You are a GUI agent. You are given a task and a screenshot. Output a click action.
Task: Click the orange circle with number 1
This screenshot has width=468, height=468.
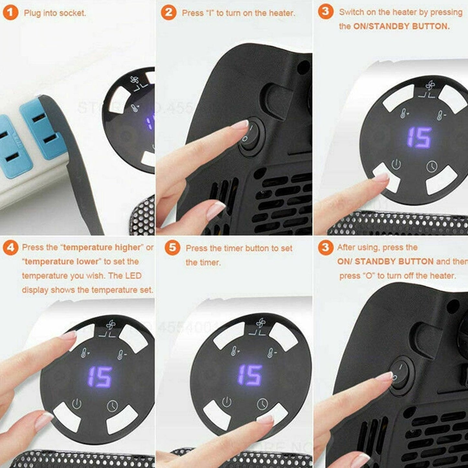[10, 13]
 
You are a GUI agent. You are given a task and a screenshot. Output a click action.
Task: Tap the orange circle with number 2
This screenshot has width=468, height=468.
[168, 13]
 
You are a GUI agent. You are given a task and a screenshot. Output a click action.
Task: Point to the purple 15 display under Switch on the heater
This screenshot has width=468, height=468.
[419, 138]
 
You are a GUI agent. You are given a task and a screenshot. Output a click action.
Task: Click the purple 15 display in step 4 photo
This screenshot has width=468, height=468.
[100, 377]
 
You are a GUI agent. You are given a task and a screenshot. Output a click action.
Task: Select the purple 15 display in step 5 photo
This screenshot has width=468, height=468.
[250, 375]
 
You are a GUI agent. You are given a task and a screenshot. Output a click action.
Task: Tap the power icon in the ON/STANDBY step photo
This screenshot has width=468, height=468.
[396, 165]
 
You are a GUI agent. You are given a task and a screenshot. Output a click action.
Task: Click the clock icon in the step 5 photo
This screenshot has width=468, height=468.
[262, 404]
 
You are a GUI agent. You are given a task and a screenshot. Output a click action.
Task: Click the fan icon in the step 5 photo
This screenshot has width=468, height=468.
[260, 323]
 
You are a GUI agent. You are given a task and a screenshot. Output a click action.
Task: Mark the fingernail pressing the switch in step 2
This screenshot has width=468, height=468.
[241, 125]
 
